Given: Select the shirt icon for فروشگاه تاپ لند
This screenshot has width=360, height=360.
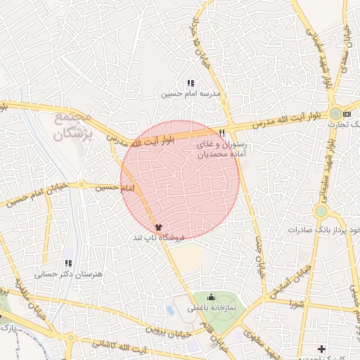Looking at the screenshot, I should pos(159,227).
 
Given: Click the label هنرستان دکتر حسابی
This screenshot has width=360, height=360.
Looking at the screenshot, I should pos(78,274).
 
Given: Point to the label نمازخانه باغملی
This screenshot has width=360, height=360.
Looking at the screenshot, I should pos(212,308).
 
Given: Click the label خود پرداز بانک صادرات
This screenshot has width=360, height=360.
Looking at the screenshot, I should pos(323,230).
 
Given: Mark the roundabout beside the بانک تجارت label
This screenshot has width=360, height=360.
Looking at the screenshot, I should pos(337,113).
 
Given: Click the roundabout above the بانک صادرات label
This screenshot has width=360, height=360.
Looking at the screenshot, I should pos(321,211).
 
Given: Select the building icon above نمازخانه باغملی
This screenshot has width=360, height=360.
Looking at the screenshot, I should pos(212,297).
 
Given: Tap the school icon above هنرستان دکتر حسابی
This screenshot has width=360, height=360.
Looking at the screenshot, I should pos(68,263).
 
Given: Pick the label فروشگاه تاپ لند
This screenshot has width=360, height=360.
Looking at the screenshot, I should pos(159,238).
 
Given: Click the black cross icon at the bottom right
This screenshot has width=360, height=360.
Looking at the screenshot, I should pos(321,349).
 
